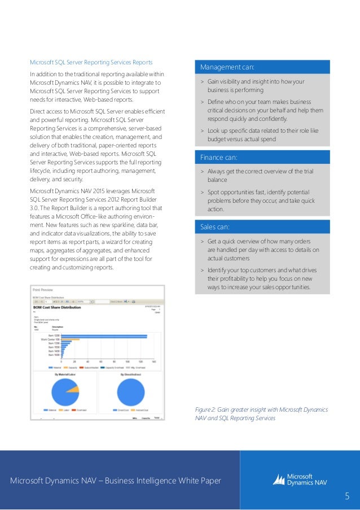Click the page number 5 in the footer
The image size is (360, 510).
[348, 496]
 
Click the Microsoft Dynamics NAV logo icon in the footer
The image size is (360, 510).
[279, 480]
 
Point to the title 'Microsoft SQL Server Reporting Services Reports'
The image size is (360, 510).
[91, 62]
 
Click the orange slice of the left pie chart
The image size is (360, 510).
[72, 389]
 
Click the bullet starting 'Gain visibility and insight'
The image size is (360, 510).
[260, 85]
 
